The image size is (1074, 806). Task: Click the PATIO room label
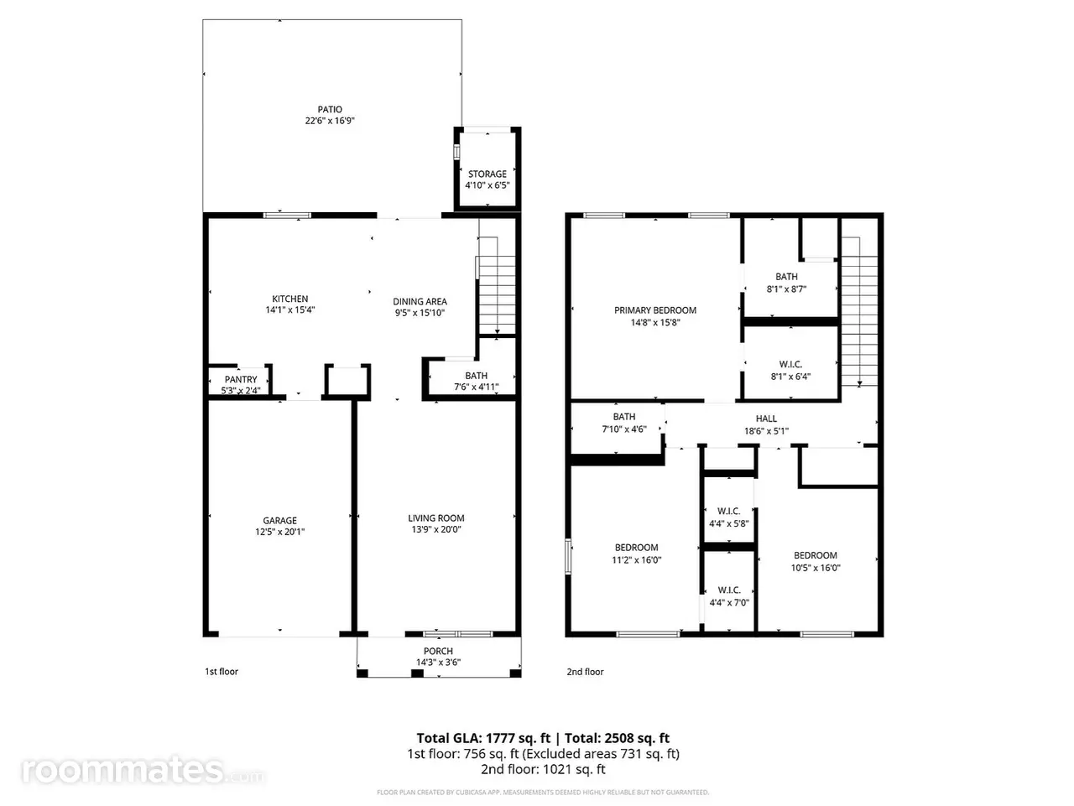pos(330,110)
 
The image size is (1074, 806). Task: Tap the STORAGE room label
pos(487,174)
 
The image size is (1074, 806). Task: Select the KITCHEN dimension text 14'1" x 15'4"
pos(290,309)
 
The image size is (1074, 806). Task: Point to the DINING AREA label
pos(420,302)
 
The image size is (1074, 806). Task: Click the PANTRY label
pos(241,380)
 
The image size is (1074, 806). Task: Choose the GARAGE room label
pos(280,521)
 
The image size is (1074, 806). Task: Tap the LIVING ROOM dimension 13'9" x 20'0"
pos(436,529)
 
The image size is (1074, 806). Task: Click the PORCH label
pos(438,652)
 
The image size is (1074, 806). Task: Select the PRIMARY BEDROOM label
pos(655,310)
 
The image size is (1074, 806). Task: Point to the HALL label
pos(766,419)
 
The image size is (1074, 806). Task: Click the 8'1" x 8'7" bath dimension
pos(786,289)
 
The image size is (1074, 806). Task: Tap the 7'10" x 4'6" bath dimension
pos(624,429)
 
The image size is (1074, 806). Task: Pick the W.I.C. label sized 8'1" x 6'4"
pos(790,364)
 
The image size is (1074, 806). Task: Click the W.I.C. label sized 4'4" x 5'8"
pos(729,511)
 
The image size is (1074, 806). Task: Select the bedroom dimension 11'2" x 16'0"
pos(637,560)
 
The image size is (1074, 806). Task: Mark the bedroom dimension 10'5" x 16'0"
pos(816,568)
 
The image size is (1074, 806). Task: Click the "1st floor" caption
pos(222,672)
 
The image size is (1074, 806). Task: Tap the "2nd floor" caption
pos(585,672)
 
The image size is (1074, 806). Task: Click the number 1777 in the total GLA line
pos(501,738)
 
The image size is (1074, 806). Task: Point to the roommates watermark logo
pos(143,772)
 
